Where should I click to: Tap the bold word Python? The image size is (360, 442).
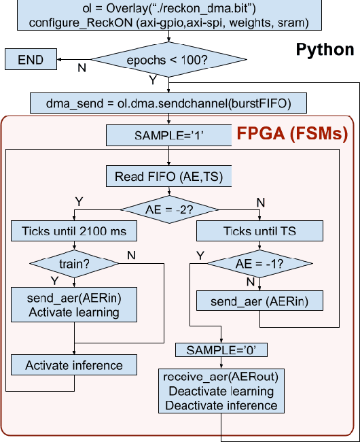(325, 50)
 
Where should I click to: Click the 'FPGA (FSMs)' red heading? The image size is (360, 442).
(291, 133)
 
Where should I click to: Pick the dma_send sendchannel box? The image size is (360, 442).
(168, 103)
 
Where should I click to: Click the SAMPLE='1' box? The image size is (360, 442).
(168, 135)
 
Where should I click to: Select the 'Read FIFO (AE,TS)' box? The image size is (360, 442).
(168, 177)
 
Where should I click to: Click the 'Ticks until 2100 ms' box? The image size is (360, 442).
(74, 231)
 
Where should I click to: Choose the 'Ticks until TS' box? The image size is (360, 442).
(259, 231)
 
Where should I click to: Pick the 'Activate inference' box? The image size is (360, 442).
(74, 365)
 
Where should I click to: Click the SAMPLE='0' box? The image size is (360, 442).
(221, 350)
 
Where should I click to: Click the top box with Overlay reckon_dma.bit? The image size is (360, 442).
(168, 15)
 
